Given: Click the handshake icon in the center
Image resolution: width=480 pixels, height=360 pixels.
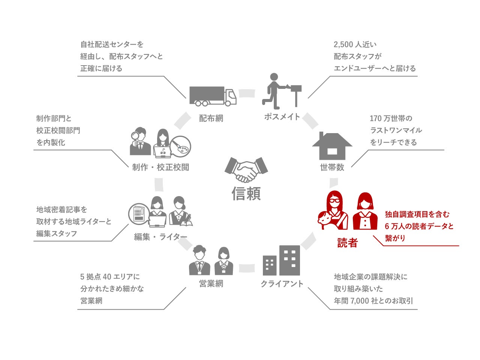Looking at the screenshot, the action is tap(246, 169).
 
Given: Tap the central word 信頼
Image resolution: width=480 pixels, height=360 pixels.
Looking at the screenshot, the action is tap(246, 193).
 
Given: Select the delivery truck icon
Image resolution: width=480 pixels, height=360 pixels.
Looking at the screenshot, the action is tap(213, 96).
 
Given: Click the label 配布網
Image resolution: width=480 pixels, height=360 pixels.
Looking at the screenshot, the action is tap(211, 118).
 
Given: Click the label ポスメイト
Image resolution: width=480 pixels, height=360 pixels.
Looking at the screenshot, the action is tap(282, 117).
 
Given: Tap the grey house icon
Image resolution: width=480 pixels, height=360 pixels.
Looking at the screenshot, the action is tap(332, 146).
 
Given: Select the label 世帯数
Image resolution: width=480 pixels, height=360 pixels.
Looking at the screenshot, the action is tap(332, 167).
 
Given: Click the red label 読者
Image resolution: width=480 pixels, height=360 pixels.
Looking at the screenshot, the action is tap(347, 243).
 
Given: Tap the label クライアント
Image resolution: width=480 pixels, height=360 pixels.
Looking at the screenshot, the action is tap(282, 284).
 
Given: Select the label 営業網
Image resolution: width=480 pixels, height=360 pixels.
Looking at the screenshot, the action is tap(211, 284).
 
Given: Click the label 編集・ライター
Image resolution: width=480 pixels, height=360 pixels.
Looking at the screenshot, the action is tap(160, 237).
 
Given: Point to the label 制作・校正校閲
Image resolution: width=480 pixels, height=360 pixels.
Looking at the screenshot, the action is tap(160, 167).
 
